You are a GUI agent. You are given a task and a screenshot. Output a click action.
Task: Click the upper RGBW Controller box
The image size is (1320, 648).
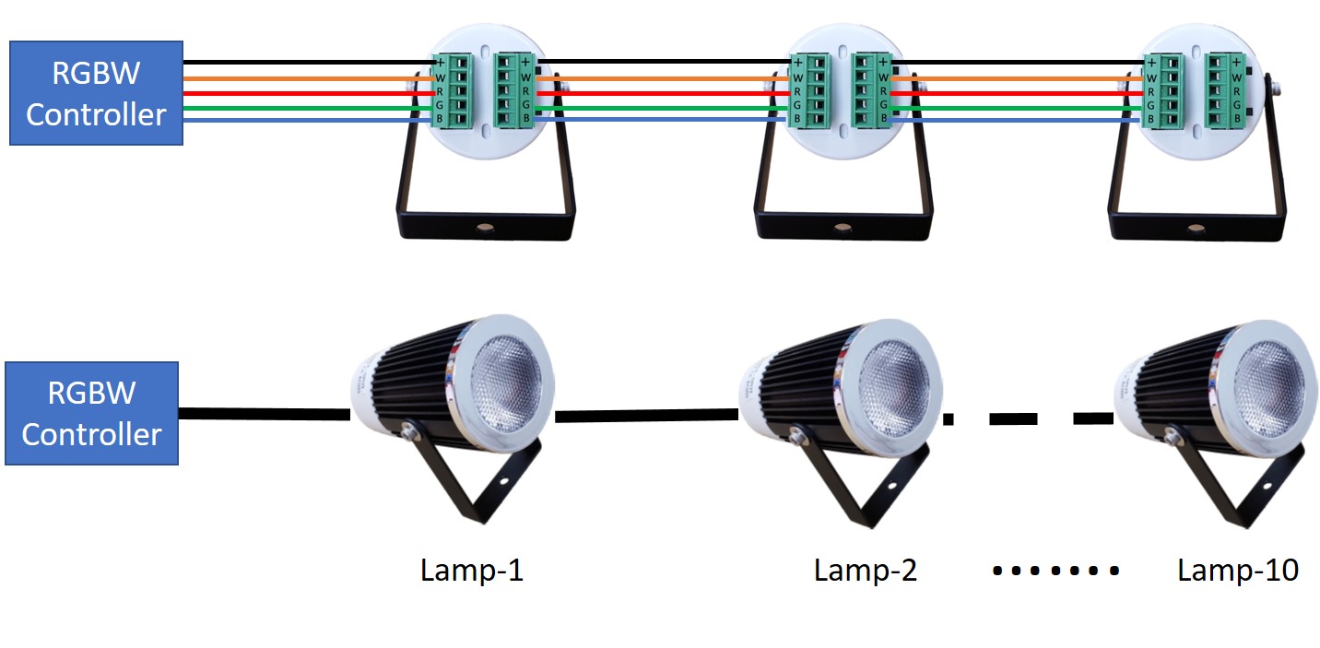click(96, 93)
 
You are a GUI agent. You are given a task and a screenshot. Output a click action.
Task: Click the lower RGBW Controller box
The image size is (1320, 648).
click(91, 413)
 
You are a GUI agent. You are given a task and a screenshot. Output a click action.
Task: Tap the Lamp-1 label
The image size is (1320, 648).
click(472, 571)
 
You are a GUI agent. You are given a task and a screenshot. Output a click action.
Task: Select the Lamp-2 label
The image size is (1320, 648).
click(866, 571)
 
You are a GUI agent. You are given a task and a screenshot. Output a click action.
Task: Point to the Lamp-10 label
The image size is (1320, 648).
click(1238, 571)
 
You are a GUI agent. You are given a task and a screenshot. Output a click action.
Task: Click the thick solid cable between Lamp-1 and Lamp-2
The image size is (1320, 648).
click(648, 417)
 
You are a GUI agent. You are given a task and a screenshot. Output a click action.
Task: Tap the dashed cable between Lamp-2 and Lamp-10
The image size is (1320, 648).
click(1028, 418)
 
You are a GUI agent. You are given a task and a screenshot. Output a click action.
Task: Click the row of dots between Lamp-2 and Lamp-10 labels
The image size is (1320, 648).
click(1055, 571)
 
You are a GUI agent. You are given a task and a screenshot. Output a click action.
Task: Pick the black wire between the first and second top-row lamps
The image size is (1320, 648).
click(664, 63)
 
